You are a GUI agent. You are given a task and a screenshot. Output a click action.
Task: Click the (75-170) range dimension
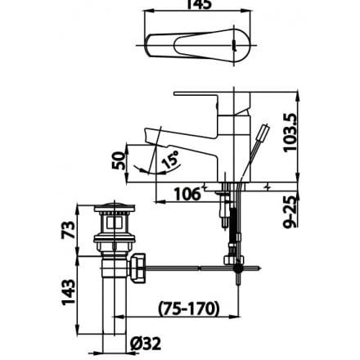(187, 308)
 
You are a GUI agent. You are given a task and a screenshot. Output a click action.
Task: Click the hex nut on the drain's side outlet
(139, 267)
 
